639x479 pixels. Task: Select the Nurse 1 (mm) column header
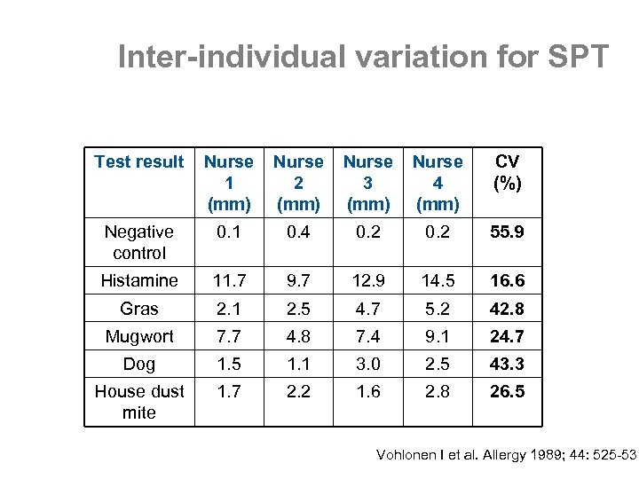[x=228, y=183]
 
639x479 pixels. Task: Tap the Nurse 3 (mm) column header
[x=367, y=183]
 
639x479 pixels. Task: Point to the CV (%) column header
[x=507, y=172]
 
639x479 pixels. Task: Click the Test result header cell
[x=139, y=161]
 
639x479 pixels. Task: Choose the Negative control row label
[x=139, y=242]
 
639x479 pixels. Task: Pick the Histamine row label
[x=139, y=280]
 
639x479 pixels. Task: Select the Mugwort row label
[x=139, y=336]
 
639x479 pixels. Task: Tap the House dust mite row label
[x=139, y=401]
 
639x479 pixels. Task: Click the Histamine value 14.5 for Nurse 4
[x=438, y=280]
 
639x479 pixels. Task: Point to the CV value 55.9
[x=507, y=232]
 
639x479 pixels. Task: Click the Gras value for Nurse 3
[x=367, y=309]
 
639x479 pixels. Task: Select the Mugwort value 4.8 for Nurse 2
[x=298, y=336]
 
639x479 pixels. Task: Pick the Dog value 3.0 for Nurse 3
[x=367, y=365]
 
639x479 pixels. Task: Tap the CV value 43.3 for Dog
[x=507, y=365]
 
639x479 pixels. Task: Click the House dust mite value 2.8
[x=438, y=391]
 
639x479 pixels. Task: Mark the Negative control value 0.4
[x=298, y=232]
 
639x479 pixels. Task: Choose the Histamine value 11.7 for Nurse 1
[x=228, y=280]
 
